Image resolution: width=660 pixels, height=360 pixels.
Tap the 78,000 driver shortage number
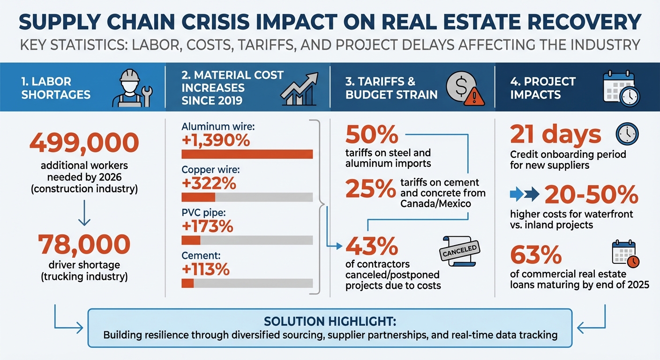coord(84,244)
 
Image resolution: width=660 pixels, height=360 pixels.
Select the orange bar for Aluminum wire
coord(247,154)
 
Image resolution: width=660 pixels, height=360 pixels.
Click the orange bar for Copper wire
coord(198,197)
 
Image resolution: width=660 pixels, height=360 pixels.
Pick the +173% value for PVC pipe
coord(207,226)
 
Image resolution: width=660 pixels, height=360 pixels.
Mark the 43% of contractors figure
coord(372,245)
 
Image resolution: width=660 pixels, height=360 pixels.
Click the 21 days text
coord(555,135)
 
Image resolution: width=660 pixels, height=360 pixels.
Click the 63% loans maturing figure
coord(536,255)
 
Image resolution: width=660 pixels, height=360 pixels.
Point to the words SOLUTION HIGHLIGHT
coord(330,322)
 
